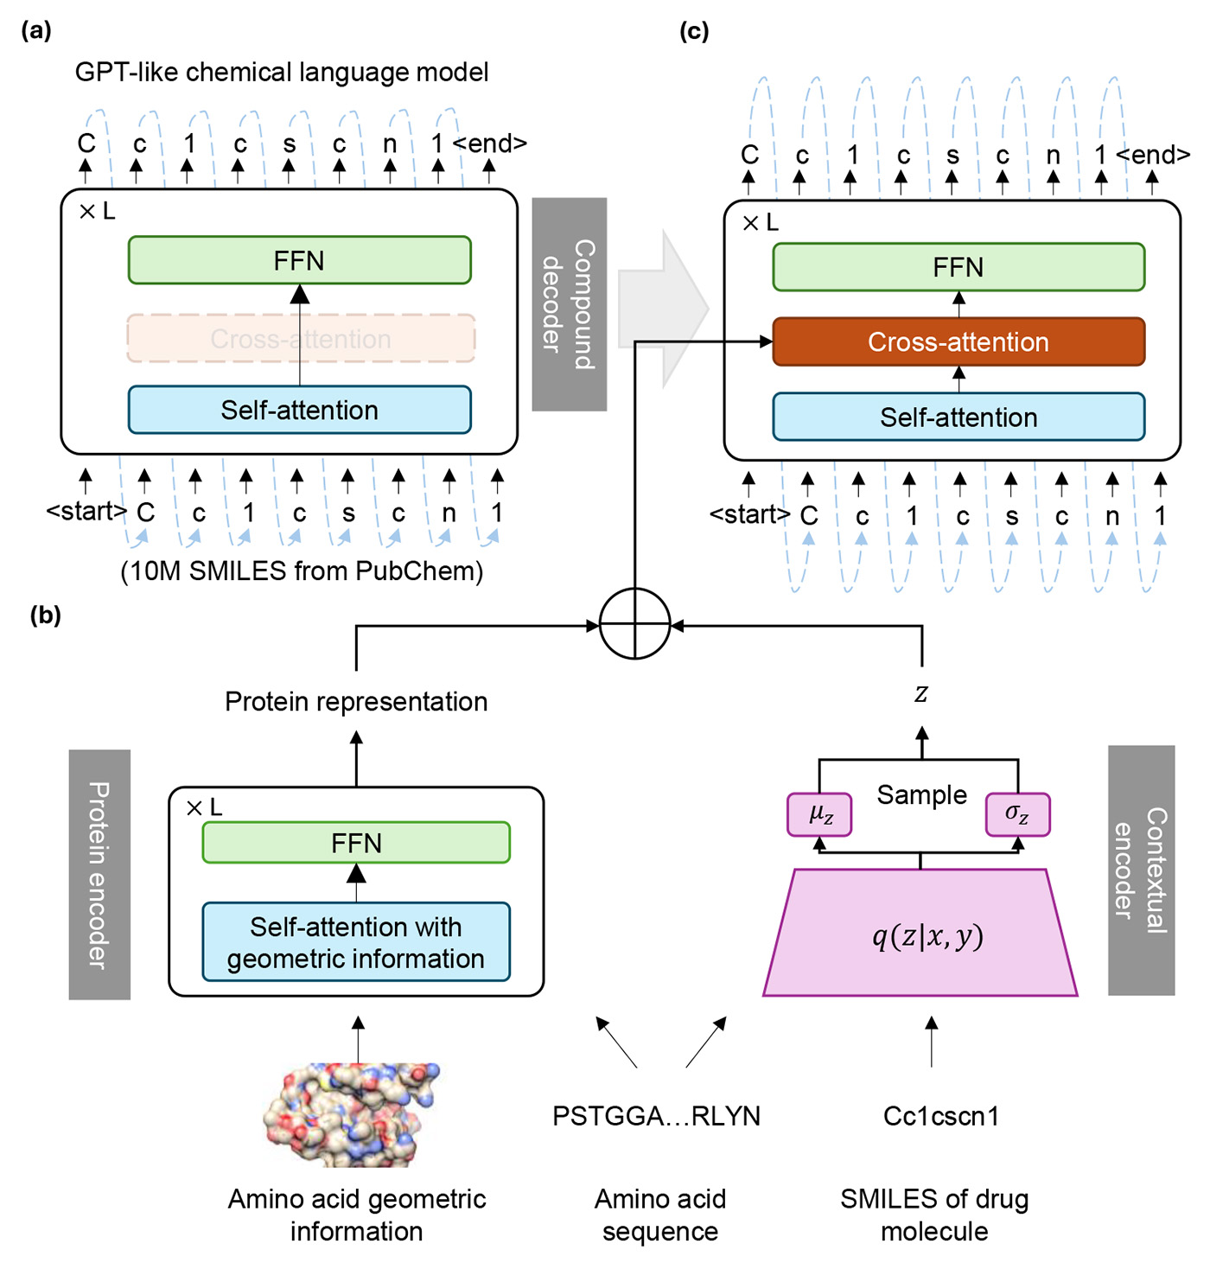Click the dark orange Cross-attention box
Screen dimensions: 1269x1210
(x=958, y=342)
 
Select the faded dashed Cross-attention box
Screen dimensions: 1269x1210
(x=301, y=339)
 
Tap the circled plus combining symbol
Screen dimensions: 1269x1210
(x=634, y=624)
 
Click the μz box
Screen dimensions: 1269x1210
(x=819, y=814)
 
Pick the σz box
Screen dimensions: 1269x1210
(x=1017, y=814)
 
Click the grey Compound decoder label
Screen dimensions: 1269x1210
(x=569, y=304)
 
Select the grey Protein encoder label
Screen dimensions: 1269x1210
(x=99, y=874)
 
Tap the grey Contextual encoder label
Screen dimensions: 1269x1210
(x=1141, y=870)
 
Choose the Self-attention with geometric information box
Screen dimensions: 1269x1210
(x=356, y=942)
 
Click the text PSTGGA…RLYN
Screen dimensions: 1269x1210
(x=656, y=1116)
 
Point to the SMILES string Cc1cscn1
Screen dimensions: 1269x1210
(x=941, y=1116)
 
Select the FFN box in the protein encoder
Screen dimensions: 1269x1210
(x=356, y=843)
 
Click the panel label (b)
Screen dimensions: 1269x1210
(x=45, y=615)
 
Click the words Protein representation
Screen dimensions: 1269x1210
(x=356, y=701)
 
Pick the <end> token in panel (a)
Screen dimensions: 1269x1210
(x=490, y=143)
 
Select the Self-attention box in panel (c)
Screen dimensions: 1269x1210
(x=958, y=418)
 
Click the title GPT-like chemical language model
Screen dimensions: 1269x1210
(x=282, y=72)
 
